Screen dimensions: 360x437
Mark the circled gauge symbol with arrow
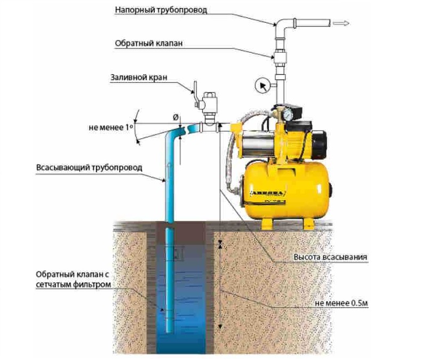click(262, 85)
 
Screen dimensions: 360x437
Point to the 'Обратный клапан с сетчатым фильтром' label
click(73, 279)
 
